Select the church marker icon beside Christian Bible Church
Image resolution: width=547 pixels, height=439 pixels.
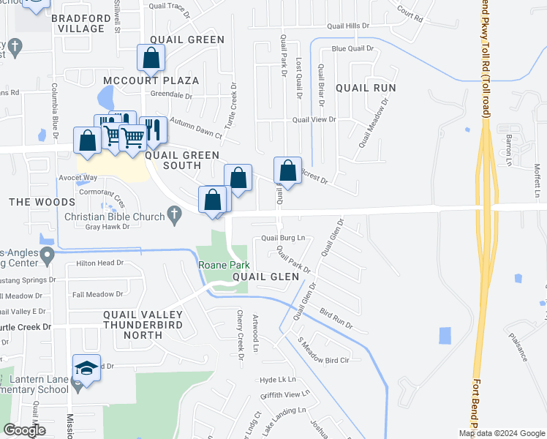pyautogui.click(x=173, y=215)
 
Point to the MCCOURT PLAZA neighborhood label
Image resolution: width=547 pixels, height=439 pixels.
pyautogui.click(x=151, y=80)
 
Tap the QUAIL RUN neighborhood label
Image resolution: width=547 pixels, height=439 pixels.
pyautogui.click(x=366, y=88)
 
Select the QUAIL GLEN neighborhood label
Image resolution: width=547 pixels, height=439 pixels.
pyautogui.click(x=266, y=277)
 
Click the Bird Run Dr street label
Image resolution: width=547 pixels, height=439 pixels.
pyautogui.click(x=336, y=318)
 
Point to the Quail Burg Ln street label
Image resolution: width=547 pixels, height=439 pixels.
pyautogui.click(x=283, y=239)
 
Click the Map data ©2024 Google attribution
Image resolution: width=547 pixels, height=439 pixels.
pyautogui.click(x=502, y=433)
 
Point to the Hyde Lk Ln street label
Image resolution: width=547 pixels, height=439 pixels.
pyautogui.click(x=278, y=380)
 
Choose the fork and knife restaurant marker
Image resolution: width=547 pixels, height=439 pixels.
pyautogui.click(x=154, y=129)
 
